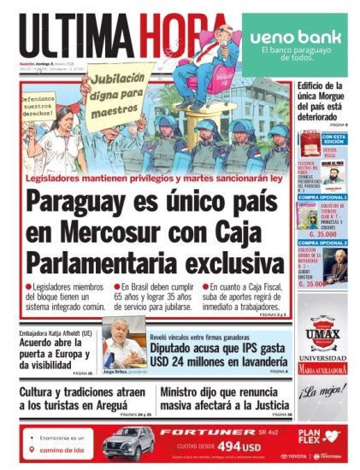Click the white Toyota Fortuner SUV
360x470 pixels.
pos(128,443)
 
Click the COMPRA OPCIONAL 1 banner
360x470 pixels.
pos(322,197)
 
